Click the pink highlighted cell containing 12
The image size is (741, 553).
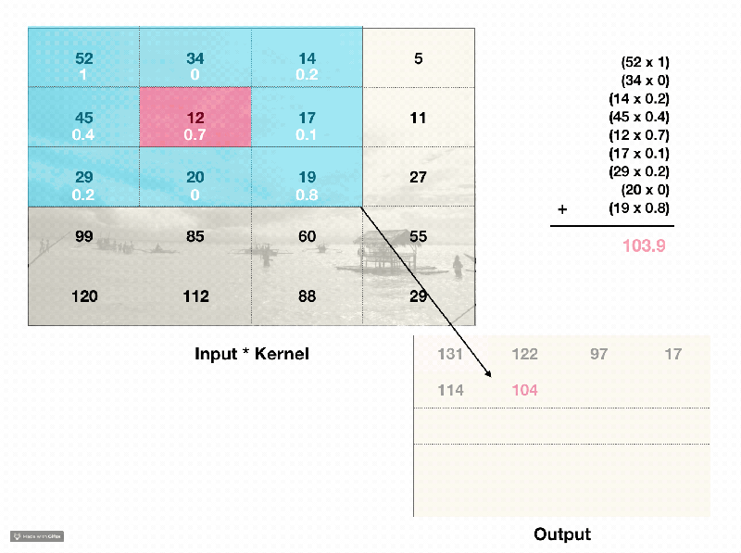[195, 118]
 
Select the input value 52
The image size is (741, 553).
[84, 59]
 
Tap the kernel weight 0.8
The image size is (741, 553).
[307, 195]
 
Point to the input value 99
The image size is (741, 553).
[84, 237]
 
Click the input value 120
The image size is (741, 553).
[84, 296]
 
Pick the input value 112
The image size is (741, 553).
[195, 296]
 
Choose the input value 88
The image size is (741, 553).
[307, 296]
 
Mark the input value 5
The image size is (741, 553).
[419, 59]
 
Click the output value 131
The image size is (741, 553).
[450, 355]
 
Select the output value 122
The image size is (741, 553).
[525, 355]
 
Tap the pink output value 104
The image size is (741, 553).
[525, 390]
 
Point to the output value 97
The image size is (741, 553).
[598, 355]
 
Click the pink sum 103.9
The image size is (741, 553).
[644, 246]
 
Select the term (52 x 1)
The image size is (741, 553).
[645, 62]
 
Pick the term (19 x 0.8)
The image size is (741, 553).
[639, 208]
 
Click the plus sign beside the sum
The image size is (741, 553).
[562, 209]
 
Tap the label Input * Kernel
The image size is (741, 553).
[251, 354]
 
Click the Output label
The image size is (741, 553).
[562, 534]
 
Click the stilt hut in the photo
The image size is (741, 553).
[377, 247]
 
